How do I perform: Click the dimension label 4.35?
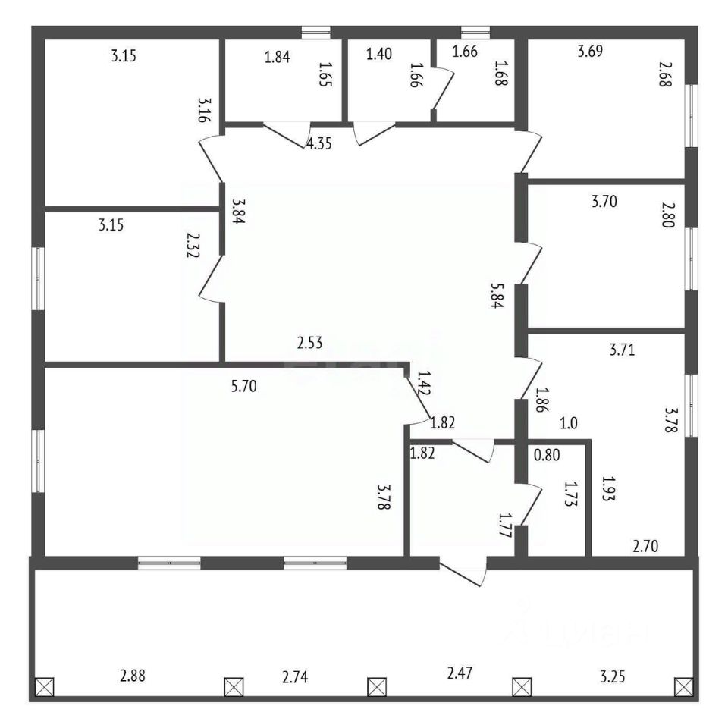(x=319, y=143)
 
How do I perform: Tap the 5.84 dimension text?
(x=497, y=297)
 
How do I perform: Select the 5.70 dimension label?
(x=243, y=386)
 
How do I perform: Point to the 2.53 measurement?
(x=309, y=343)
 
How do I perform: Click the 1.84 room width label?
(x=278, y=57)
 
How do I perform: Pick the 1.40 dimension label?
(x=379, y=54)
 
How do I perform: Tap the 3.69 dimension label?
(x=590, y=51)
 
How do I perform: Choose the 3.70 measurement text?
(x=604, y=202)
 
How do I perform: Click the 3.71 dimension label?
(x=622, y=350)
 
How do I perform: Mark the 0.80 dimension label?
(x=547, y=454)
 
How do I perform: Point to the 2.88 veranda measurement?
(x=133, y=676)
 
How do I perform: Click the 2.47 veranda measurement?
(x=460, y=673)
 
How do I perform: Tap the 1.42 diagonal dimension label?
(x=424, y=382)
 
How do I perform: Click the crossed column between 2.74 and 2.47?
(x=377, y=687)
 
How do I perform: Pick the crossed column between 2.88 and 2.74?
(x=234, y=687)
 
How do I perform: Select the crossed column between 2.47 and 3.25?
(x=522, y=687)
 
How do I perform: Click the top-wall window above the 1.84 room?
(x=316, y=32)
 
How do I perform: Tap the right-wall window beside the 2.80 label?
(x=692, y=259)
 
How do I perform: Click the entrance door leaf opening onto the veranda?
(x=462, y=575)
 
